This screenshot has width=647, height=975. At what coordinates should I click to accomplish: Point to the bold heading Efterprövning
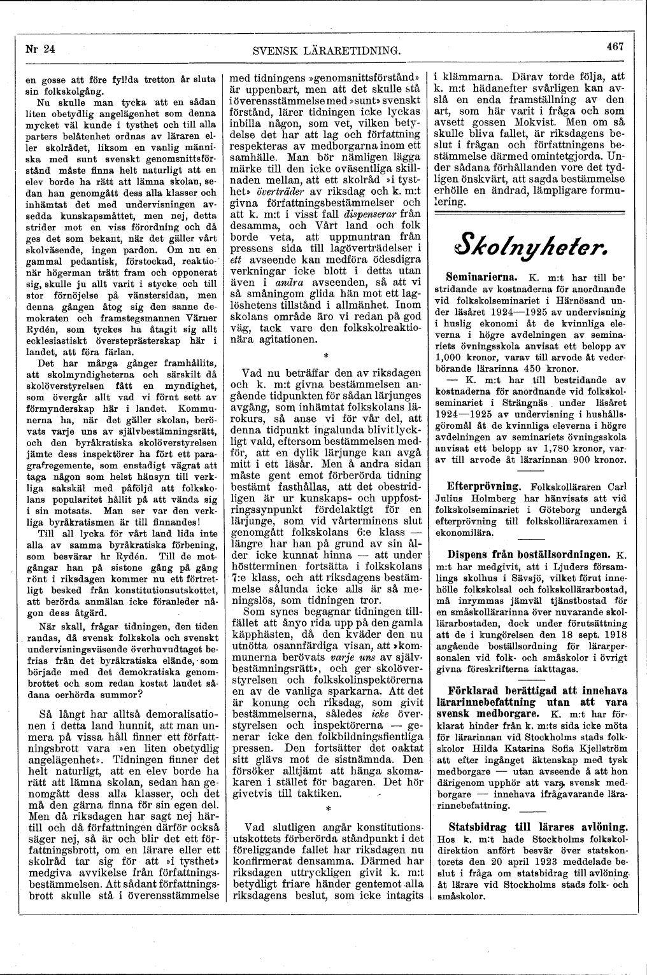(483, 484)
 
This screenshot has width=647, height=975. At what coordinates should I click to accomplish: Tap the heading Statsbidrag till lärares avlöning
(537, 827)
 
